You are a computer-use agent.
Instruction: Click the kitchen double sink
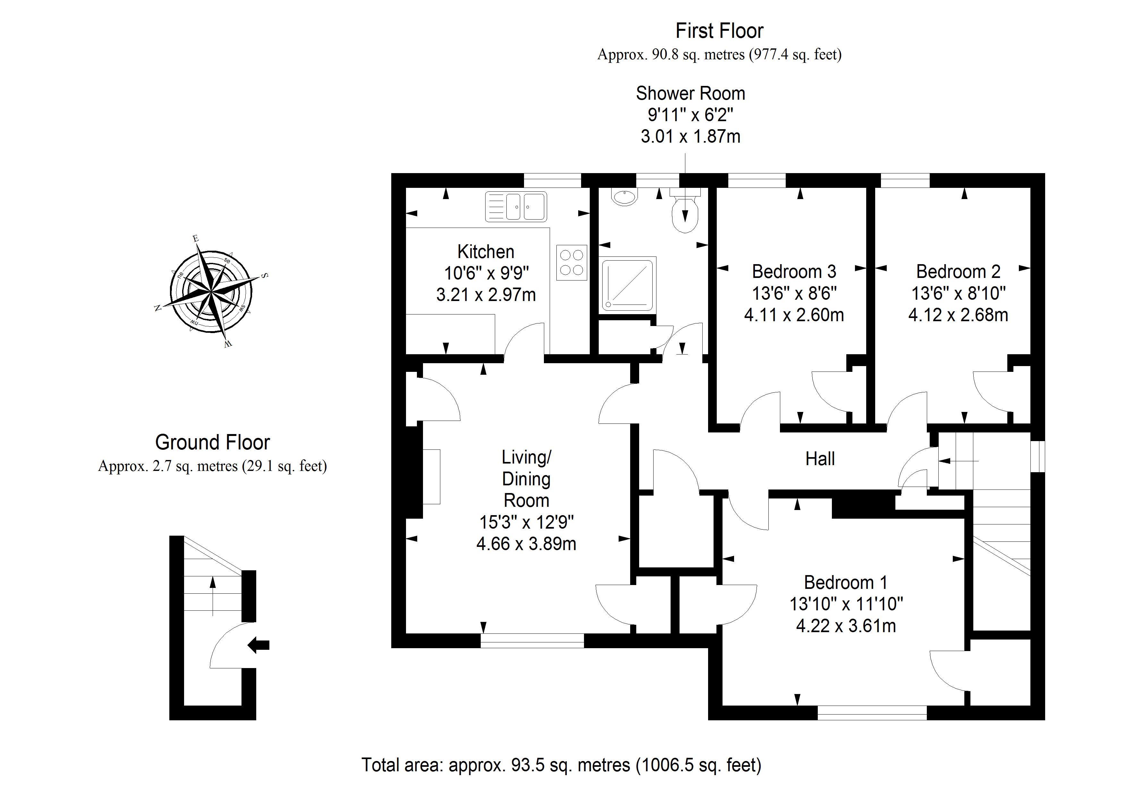click(x=516, y=207)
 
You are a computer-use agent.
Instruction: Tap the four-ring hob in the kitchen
click(x=571, y=263)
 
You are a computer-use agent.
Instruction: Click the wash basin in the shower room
click(x=624, y=197)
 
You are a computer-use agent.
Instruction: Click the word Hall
click(x=820, y=459)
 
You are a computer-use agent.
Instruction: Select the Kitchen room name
click(x=486, y=252)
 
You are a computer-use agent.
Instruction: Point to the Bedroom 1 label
click(x=846, y=582)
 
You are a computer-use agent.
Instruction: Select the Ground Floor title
click(x=212, y=442)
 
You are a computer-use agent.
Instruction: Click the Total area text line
click(x=561, y=765)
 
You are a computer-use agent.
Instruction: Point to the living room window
click(x=532, y=641)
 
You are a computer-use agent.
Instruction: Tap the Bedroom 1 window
click(x=872, y=713)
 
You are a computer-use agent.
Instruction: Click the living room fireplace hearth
click(x=431, y=477)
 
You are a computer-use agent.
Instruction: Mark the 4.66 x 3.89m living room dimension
click(x=526, y=544)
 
